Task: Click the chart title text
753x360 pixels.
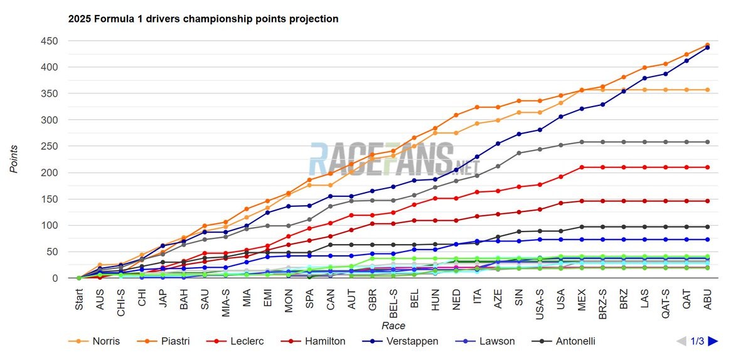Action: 203,19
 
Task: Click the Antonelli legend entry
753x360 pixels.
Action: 571,341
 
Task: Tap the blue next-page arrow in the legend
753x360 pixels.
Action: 712,341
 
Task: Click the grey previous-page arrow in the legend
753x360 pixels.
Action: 681,341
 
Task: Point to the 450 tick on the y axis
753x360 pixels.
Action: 50,41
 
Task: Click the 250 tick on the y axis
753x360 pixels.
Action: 50,147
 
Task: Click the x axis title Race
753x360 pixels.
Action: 393,326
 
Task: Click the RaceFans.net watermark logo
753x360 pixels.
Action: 393,158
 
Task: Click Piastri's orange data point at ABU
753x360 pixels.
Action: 707,45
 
